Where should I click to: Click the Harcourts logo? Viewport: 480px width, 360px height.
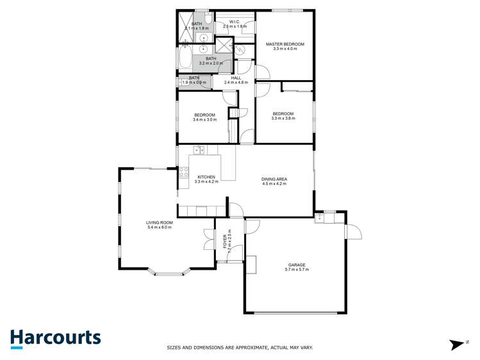(x=55, y=338)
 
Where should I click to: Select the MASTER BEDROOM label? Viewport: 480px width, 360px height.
(x=285, y=44)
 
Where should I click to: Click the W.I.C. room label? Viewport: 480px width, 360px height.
(x=234, y=21)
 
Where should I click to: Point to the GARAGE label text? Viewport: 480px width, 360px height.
(x=296, y=265)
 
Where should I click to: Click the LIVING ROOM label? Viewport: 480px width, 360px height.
(x=160, y=222)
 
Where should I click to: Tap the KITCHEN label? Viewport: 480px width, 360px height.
(x=206, y=177)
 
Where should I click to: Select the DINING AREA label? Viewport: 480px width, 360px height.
(x=274, y=179)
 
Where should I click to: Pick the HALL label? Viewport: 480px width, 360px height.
(x=236, y=78)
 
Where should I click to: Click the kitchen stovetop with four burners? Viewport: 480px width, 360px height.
(x=183, y=172)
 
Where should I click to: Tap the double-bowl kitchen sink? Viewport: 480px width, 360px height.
(x=199, y=151)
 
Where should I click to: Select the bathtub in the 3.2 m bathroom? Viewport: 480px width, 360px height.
(x=183, y=60)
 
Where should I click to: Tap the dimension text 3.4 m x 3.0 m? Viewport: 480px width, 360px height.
(x=204, y=120)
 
